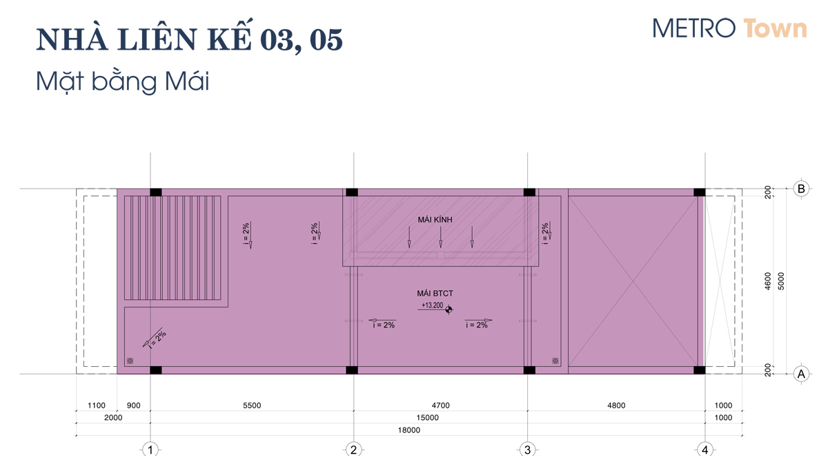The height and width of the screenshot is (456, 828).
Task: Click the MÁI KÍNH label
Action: click(435, 220)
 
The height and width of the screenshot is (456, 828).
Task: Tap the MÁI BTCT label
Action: click(435, 294)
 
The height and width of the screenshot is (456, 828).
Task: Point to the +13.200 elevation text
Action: click(432, 305)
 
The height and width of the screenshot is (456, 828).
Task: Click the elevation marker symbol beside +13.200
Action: click(448, 310)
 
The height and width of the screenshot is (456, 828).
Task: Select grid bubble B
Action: click(801, 189)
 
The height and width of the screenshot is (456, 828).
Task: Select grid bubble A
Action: click(801, 374)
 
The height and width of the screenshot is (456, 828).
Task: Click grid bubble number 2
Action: click(353, 450)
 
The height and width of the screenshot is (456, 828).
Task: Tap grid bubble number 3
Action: click(527, 450)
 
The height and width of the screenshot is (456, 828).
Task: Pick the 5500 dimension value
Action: click(252, 406)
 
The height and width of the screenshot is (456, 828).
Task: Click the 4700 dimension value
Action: click(441, 406)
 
